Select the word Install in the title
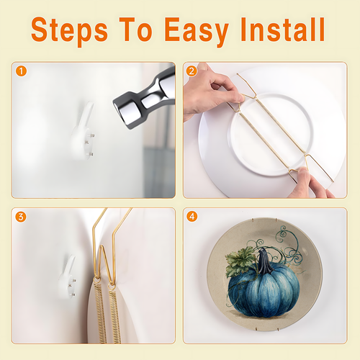(283, 30)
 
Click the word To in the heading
(135, 30)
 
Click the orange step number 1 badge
(21, 71)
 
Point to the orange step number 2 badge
(192, 71)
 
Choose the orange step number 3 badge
(21, 217)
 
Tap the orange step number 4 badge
(192, 217)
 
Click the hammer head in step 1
(144, 99)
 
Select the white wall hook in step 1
(83, 132)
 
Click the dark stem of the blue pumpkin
(265, 261)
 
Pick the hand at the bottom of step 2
(310, 184)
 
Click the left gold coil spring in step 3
(100, 312)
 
